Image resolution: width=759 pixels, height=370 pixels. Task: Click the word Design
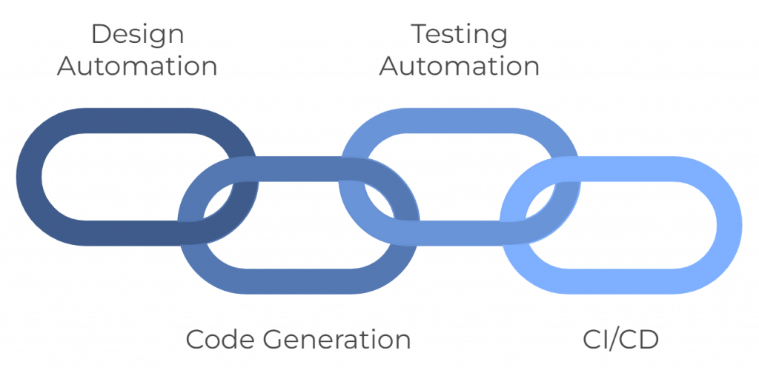click(137, 35)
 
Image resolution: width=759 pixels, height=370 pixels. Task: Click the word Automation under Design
click(137, 67)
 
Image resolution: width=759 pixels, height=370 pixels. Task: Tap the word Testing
click(459, 35)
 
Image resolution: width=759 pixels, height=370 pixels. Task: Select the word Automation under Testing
click(459, 67)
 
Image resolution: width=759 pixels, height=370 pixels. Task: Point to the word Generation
click(334, 340)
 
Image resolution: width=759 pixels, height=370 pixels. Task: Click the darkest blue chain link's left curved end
click(29, 176)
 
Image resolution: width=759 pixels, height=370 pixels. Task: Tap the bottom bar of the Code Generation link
click(296, 281)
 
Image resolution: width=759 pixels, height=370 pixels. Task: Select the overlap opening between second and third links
click(378, 200)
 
